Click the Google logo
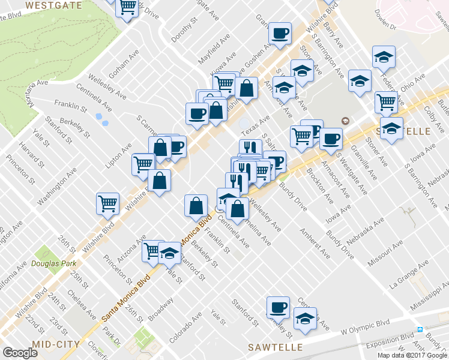[x=20, y=353]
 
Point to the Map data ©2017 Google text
[x=412, y=355]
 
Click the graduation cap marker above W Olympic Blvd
[x=305, y=319]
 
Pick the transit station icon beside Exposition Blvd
[x=420, y=330]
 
